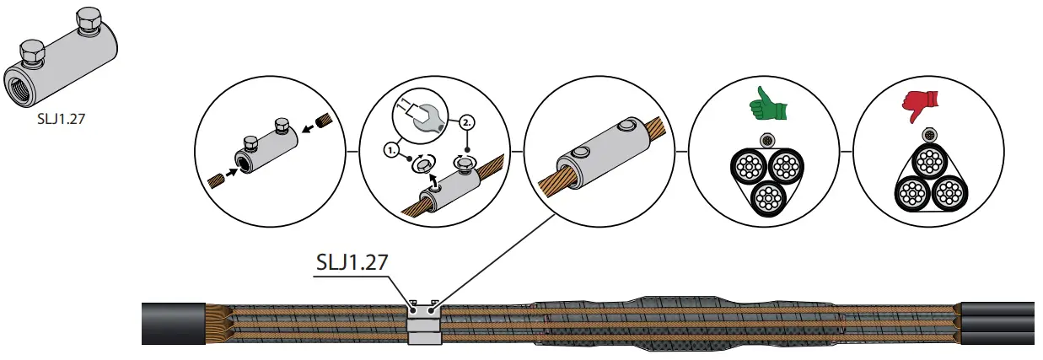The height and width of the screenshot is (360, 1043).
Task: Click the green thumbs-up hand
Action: [767, 105]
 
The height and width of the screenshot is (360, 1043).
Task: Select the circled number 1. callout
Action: [391, 150]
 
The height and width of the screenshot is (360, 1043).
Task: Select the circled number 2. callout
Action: [467, 123]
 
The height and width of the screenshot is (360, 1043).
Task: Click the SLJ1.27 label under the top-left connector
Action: [61, 119]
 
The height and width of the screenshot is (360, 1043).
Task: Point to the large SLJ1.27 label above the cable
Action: [352, 262]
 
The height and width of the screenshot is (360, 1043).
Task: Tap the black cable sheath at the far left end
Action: [173, 323]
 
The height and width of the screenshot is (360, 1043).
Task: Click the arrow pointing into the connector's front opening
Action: [231, 173]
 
